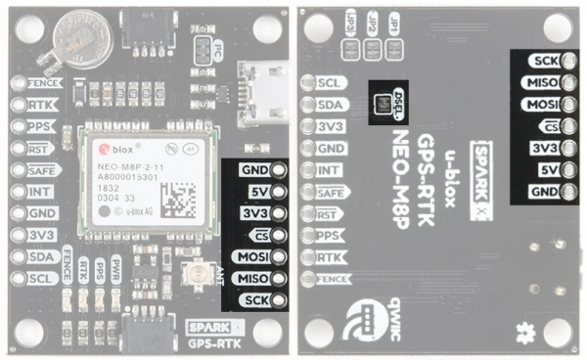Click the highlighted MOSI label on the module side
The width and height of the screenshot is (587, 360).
tap(251, 257)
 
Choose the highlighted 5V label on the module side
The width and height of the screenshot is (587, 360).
tap(257, 192)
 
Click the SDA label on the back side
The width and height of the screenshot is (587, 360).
tap(330, 105)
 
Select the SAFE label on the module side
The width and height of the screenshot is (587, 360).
tap(41, 169)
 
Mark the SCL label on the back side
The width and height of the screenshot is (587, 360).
tap(330, 83)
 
